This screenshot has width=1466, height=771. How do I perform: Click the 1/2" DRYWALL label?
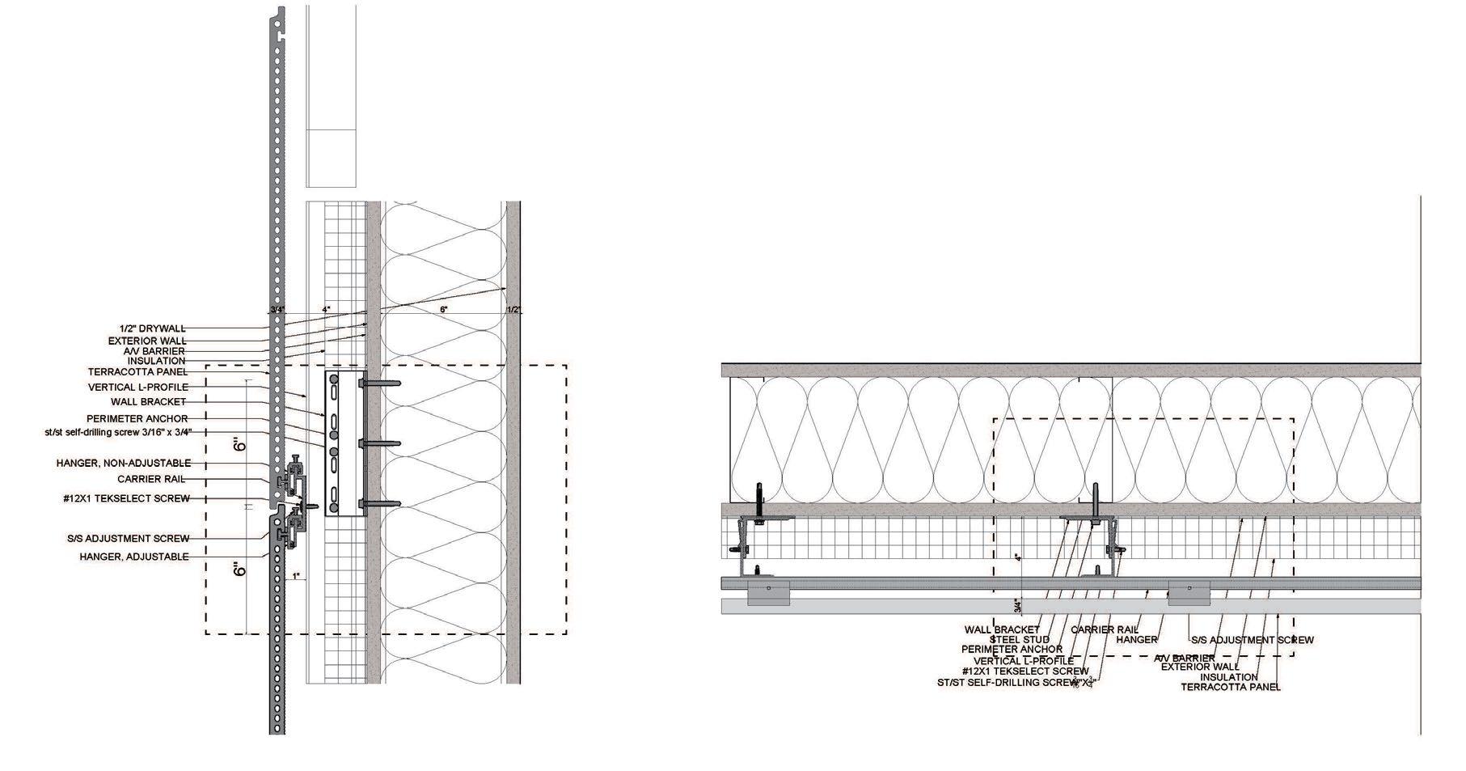tap(149, 328)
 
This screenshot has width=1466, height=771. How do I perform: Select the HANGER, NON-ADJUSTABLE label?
tap(124, 464)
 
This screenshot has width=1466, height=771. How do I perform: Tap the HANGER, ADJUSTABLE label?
tap(134, 557)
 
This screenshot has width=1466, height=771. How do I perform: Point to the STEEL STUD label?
tap(1020, 640)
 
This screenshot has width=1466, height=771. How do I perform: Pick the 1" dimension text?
tap(297, 576)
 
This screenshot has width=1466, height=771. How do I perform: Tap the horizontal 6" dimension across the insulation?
tap(443, 309)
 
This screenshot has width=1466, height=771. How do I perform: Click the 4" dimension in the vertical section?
tap(326, 309)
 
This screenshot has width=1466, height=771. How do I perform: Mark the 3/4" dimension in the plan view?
tap(1018, 605)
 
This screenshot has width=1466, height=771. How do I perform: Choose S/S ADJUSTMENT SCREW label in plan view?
tap(1253, 640)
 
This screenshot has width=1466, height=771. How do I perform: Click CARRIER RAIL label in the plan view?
tap(1105, 629)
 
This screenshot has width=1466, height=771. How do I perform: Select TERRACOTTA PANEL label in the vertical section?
tap(137, 372)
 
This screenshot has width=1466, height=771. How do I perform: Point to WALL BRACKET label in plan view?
tap(1002, 629)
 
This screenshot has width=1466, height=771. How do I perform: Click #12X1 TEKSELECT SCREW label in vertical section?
tap(126, 498)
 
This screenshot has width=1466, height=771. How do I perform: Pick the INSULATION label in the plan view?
tap(1229, 677)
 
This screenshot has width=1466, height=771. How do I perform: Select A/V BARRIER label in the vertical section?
tap(154, 351)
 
